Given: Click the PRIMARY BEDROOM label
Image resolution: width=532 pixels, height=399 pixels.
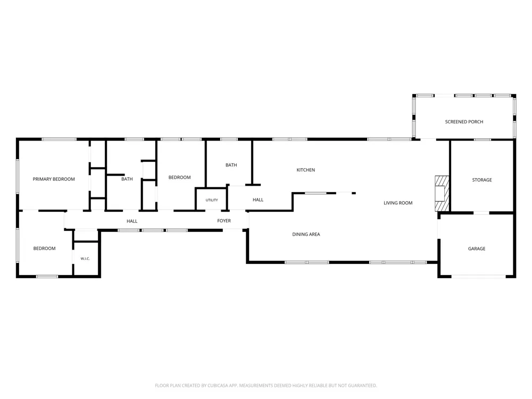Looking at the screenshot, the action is (x=54, y=179).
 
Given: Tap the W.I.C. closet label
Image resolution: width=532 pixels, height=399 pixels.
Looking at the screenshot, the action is (x=85, y=259).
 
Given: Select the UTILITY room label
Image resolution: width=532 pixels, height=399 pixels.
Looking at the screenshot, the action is (x=212, y=200).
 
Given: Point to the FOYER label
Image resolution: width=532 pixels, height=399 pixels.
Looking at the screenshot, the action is (x=224, y=221).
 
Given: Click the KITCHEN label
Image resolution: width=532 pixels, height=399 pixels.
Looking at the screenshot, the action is (x=306, y=170).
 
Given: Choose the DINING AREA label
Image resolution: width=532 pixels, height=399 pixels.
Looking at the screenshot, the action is (x=306, y=235).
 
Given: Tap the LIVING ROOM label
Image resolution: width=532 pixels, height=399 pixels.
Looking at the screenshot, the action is (x=398, y=203).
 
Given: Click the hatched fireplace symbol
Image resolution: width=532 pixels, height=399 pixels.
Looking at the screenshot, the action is (x=442, y=194).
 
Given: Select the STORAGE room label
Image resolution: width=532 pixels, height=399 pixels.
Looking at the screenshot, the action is (x=482, y=180).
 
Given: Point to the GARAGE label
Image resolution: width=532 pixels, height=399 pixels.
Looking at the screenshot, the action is (x=477, y=248).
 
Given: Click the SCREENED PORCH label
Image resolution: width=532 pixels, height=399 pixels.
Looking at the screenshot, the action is (x=464, y=122).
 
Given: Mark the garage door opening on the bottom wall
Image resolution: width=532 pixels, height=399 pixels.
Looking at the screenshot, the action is (x=479, y=277).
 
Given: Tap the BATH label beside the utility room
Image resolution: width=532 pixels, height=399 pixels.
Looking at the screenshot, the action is (x=231, y=165).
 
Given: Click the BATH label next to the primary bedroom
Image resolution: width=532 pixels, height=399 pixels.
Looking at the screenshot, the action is (x=127, y=179).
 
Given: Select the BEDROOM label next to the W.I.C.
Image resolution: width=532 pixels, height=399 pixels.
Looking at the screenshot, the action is (x=45, y=248).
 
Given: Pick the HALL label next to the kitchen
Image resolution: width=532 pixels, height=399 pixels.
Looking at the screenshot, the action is (x=258, y=200).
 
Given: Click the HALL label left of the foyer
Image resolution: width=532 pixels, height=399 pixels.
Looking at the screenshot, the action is (x=132, y=221).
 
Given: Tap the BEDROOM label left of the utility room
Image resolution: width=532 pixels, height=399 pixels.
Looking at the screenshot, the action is (x=179, y=178).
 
